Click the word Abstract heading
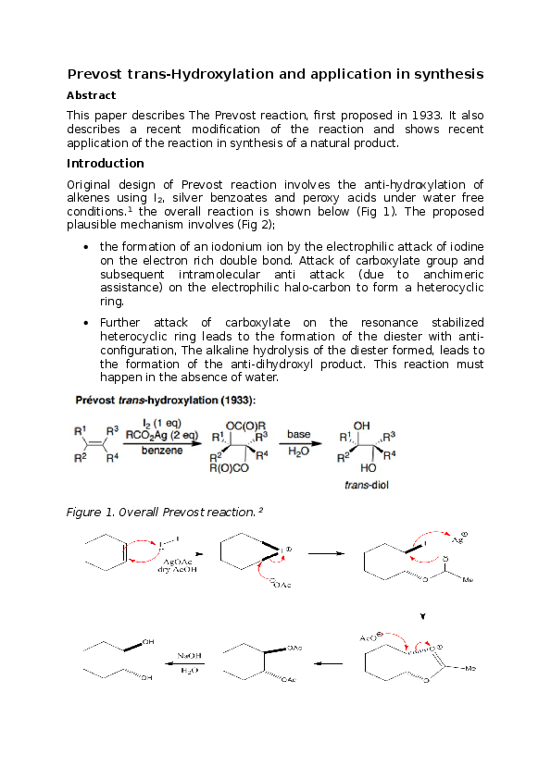click(x=92, y=95)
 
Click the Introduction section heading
click(x=106, y=164)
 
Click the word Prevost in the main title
click(x=100, y=74)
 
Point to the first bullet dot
click(x=86, y=248)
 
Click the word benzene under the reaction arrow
click(x=161, y=451)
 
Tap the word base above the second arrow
click(x=298, y=433)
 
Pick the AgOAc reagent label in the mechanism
click(x=176, y=562)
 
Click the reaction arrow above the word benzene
click(x=161, y=443)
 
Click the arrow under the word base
click(x=298, y=443)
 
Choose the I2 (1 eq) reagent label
click(x=162, y=423)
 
